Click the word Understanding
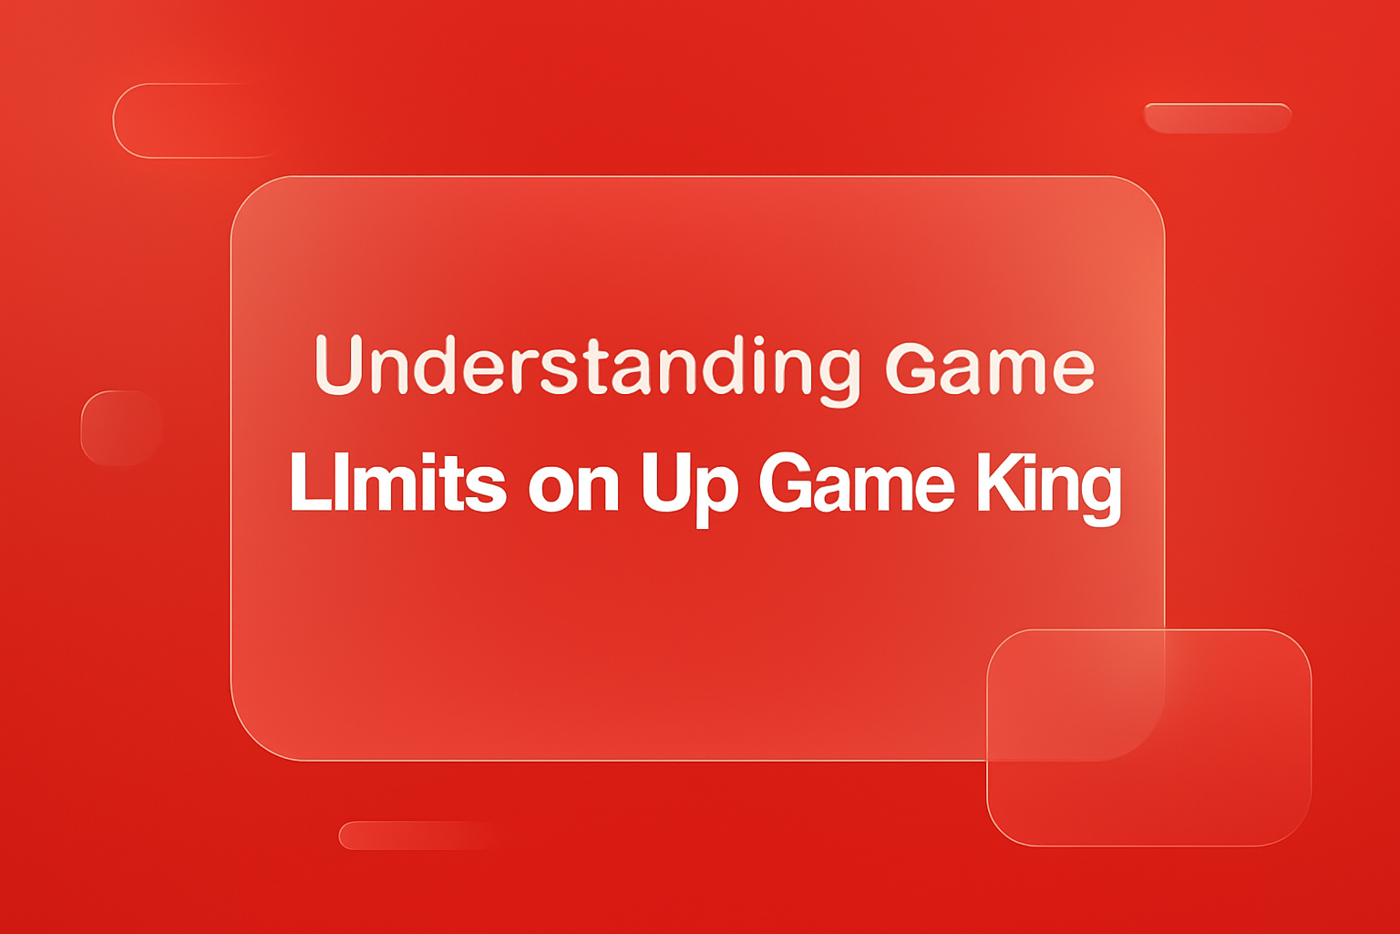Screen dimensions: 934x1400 coord(586,367)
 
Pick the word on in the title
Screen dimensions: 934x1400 coord(573,488)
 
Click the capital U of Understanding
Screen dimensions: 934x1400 coord(339,365)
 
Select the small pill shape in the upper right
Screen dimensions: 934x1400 coord(1217,118)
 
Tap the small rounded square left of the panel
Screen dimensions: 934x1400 coord(121,428)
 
